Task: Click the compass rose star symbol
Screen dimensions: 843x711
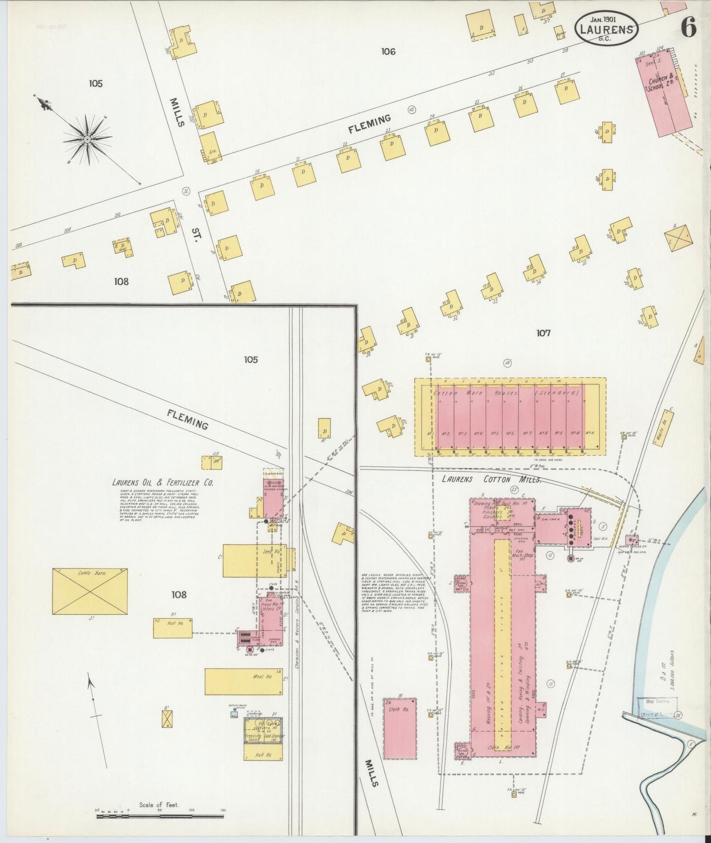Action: point(87,139)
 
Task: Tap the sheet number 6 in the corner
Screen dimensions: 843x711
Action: point(688,30)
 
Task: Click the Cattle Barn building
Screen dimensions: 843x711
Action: point(90,592)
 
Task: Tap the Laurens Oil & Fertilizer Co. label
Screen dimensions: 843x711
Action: point(163,483)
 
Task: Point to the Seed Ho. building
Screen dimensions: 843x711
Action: point(254,560)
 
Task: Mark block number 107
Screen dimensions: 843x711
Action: point(543,333)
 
